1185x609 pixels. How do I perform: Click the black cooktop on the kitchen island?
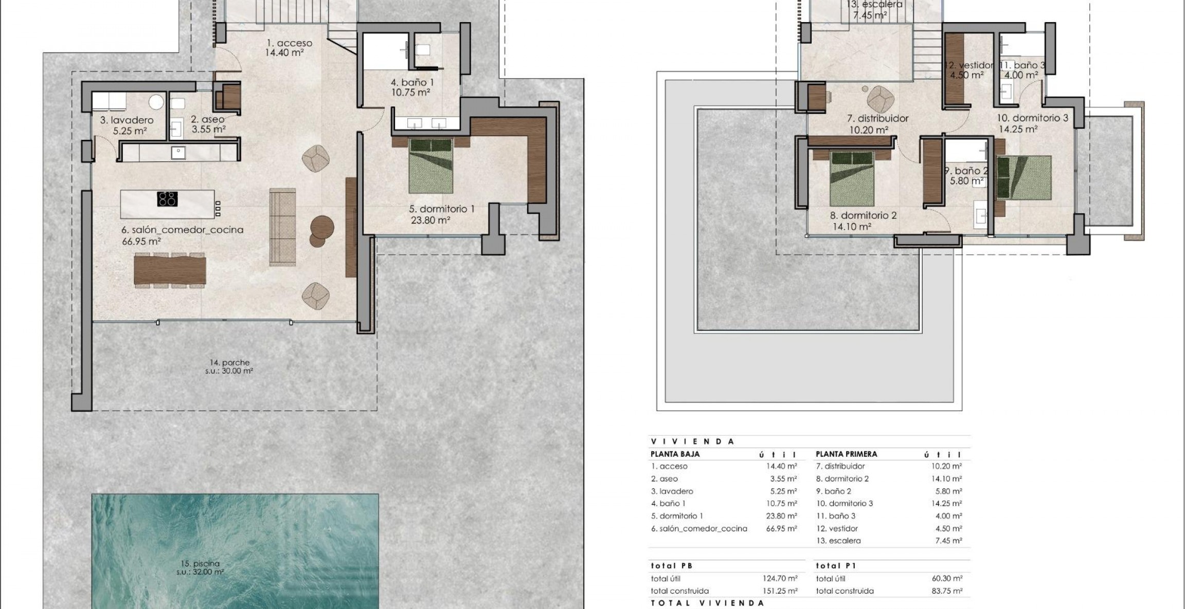coord(167,199)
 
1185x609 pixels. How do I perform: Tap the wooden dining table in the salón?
coord(170,270)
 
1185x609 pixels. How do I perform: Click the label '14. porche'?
coord(229,363)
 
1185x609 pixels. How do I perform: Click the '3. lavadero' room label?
coord(127,120)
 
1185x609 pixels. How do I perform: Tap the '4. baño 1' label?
coord(409,82)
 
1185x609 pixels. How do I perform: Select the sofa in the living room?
coord(283,227)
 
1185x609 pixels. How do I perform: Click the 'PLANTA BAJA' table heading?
coord(674,454)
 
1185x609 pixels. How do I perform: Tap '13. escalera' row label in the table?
coord(838,541)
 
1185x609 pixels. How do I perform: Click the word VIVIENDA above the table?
coord(692,441)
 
